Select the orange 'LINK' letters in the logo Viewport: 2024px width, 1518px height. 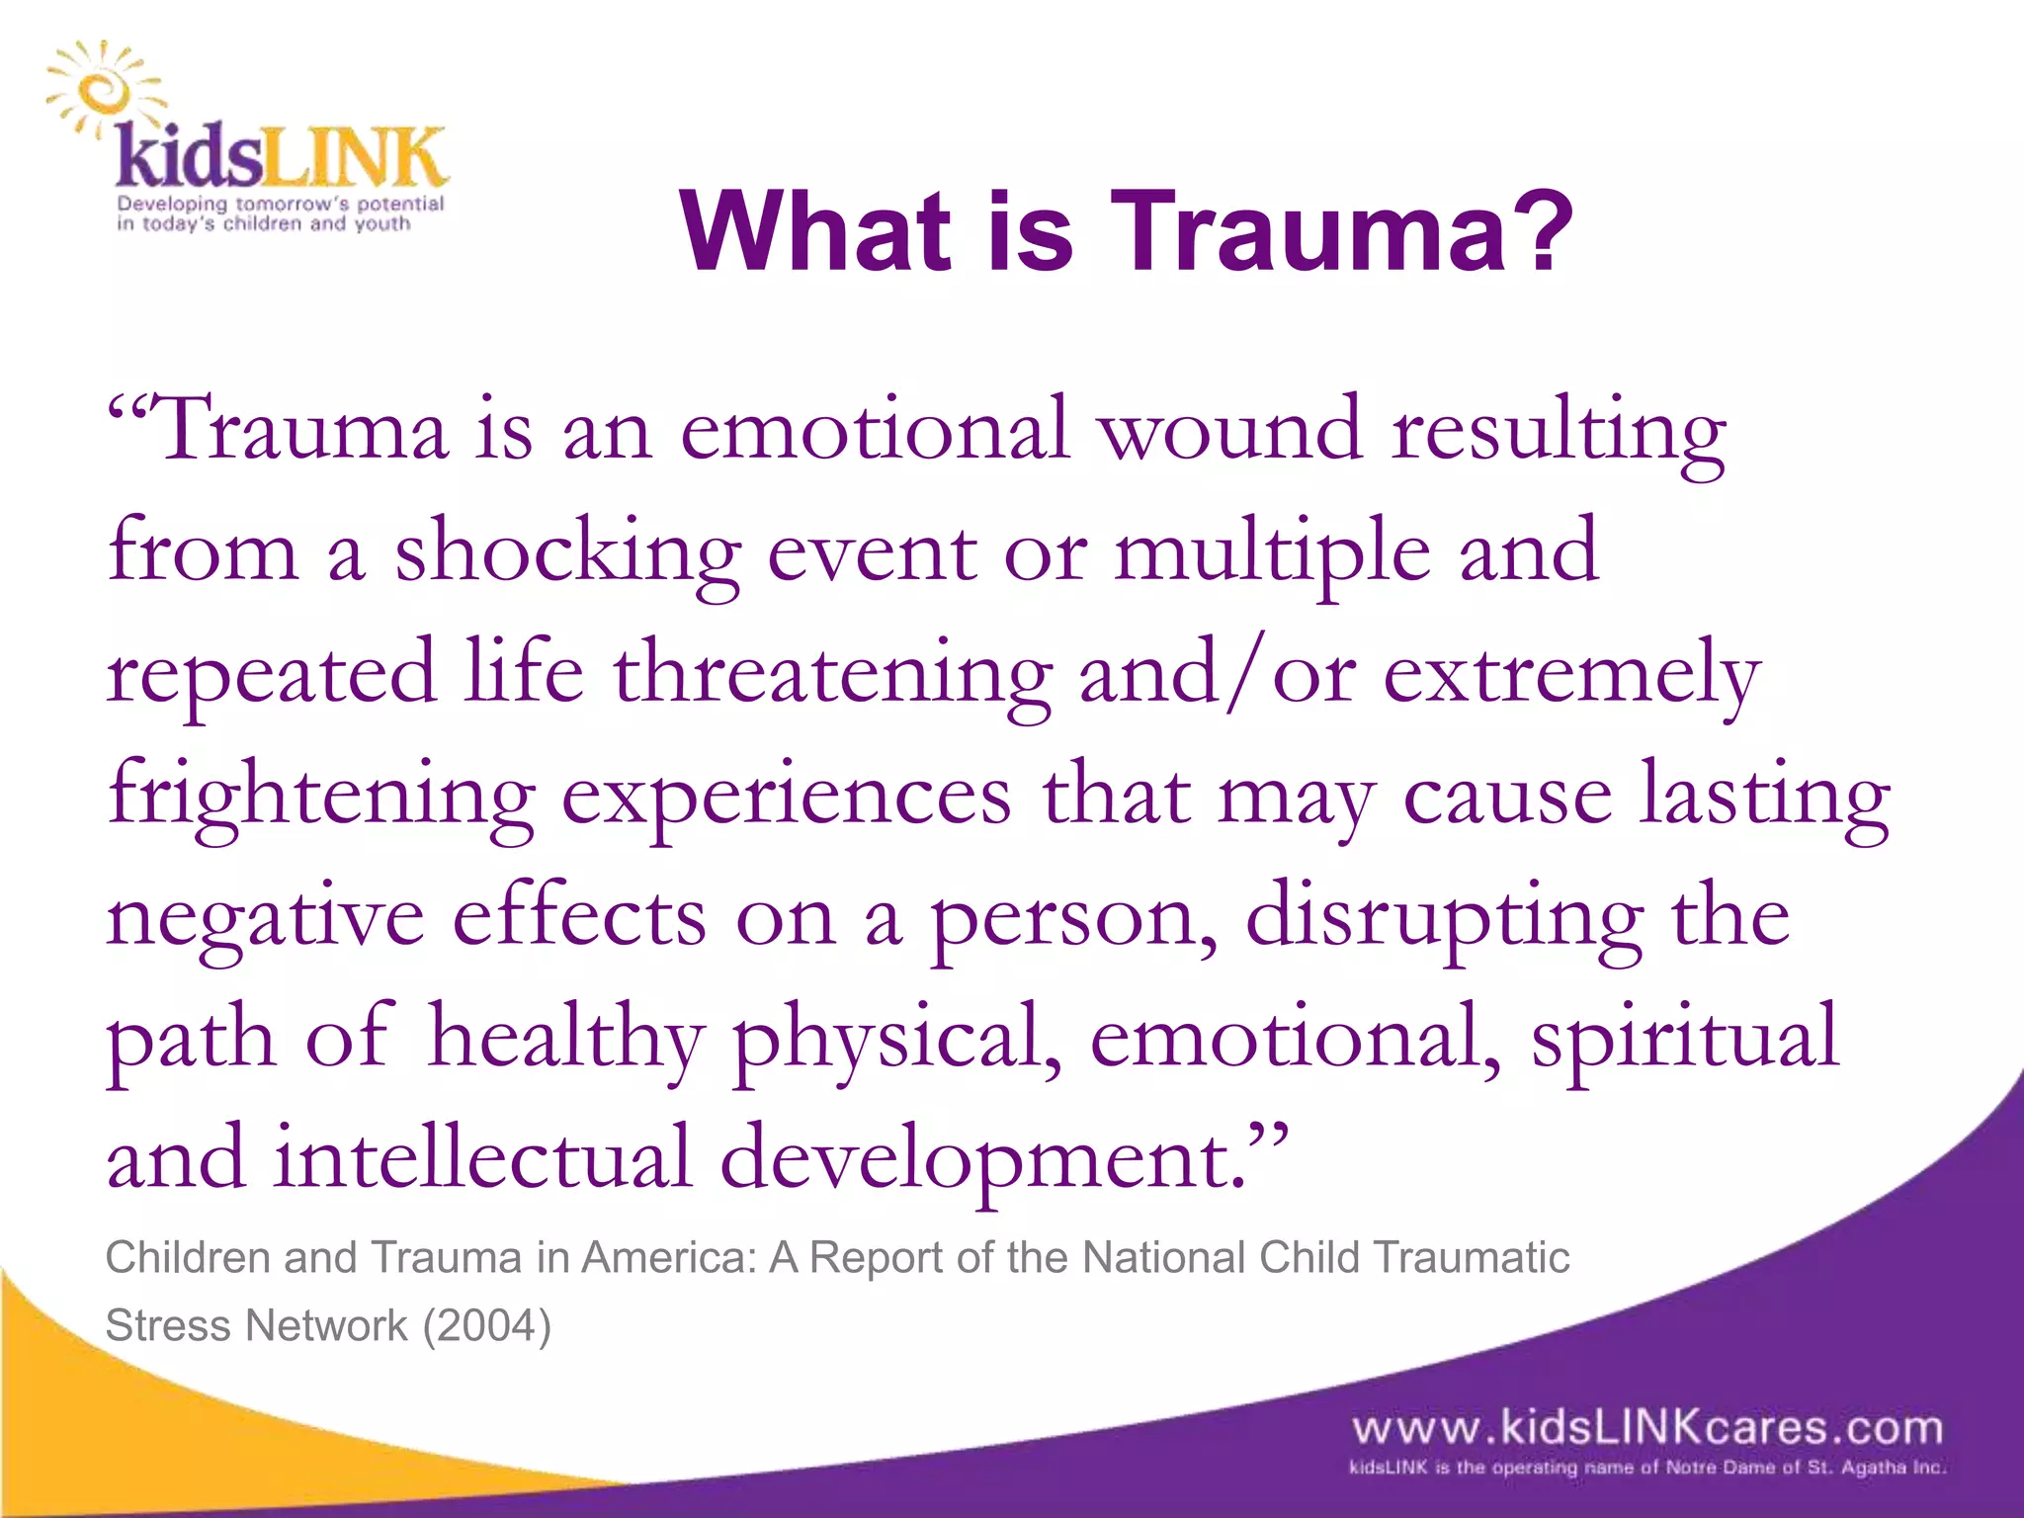[353, 158]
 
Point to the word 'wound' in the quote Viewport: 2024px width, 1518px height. [1231, 431]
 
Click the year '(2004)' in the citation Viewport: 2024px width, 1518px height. [486, 1325]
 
